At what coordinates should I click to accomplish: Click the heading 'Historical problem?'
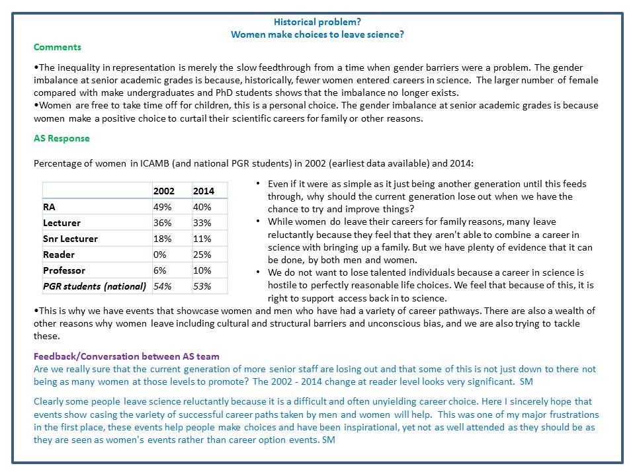coord(317,22)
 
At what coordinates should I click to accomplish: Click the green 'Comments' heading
coord(58,47)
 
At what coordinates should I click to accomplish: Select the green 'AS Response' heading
coord(62,139)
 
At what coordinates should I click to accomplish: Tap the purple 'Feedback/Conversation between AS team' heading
coord(126,356)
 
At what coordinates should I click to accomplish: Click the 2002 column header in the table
coord(164,191)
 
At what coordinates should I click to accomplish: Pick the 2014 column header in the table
coord(204,191)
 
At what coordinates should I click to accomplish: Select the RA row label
coord(50,207)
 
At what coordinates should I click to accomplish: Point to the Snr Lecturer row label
coord(70,239)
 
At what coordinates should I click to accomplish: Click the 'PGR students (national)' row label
coord(94,286)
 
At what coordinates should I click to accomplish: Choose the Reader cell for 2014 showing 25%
coord(202,255)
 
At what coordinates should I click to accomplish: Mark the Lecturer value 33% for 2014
coord(202,223)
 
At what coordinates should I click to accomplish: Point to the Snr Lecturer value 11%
coord(202,239)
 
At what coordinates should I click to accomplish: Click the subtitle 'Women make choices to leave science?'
coord(317,34)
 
